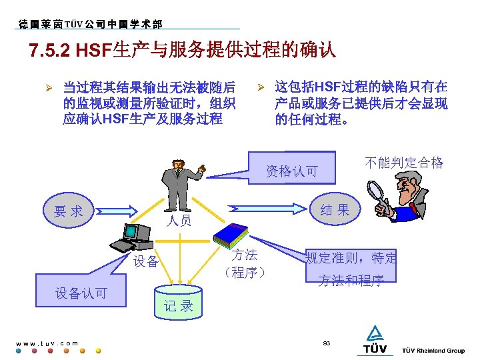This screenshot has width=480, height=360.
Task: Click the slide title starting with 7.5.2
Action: (182, 51)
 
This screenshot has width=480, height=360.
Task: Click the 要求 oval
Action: (69, 211)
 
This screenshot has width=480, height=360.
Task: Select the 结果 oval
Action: (334, 210)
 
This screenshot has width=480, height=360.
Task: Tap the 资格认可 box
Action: (292, 171)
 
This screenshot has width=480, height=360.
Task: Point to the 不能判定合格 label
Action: (404, 163)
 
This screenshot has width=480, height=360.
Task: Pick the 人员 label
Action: (179, 221)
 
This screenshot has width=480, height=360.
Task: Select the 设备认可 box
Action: (81, 293)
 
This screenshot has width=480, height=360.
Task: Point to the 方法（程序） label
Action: (245, 263)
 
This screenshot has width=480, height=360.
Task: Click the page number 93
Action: (327, 343)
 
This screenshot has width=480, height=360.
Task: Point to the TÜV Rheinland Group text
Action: (433, 351)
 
